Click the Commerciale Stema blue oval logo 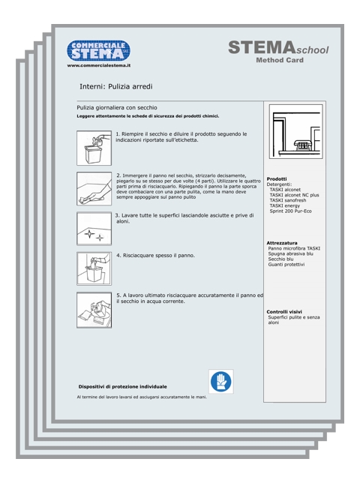[x=98, y=50]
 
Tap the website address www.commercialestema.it [x=99, y=65]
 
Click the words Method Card [x=280, y=60]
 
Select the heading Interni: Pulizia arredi [x=116, y=87]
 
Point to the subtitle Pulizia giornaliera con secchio [x=117, y=108]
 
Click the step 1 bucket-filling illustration [x=94, y=148]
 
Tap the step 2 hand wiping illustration [x=94, y=188]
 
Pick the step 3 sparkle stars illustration [x=94, y=228]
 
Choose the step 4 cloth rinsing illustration [x=94, y=268]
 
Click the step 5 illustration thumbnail [x=94, y=310]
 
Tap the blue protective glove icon [x=221, y=382]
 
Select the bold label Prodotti [x=277, y=178]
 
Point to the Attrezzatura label [x=282, y=243]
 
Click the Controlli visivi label [x=284, y=312]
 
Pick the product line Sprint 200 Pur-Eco [x=290, y=211]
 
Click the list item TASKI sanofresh [x=288, y=200]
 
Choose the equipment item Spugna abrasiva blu [x=290, y=253]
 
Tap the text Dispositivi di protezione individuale [x=122, y=387]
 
